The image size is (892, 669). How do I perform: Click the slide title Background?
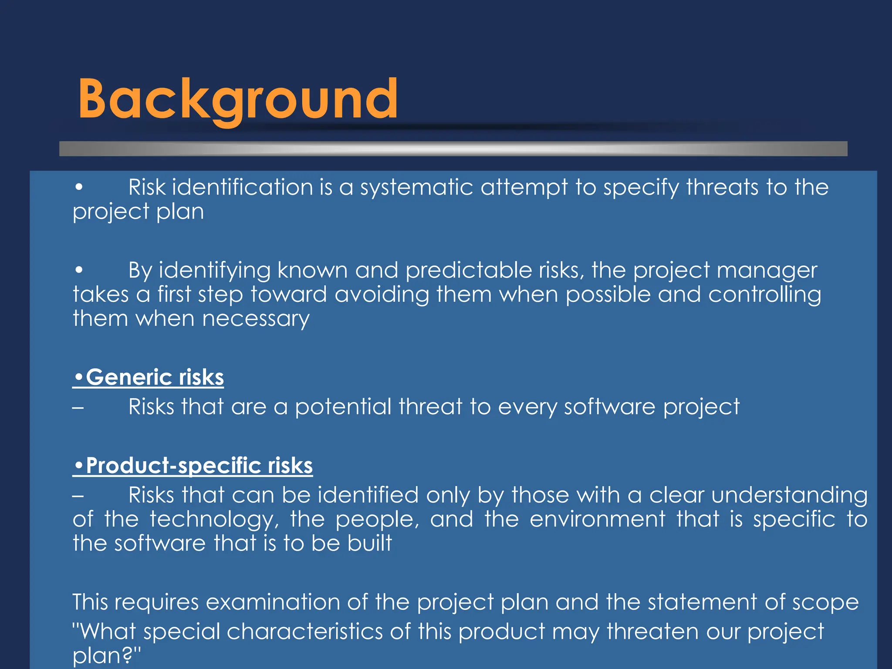[238, 99]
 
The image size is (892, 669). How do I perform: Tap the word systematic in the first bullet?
[416, 188]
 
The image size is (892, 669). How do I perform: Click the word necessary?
[256, 319]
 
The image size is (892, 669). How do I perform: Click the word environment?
[598, 520]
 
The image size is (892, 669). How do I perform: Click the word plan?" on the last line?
[107, 655]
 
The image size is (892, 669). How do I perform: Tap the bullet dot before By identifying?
[79, 270]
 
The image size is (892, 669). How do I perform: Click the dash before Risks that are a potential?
[78, 408]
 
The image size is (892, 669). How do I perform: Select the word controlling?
[765, 295]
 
